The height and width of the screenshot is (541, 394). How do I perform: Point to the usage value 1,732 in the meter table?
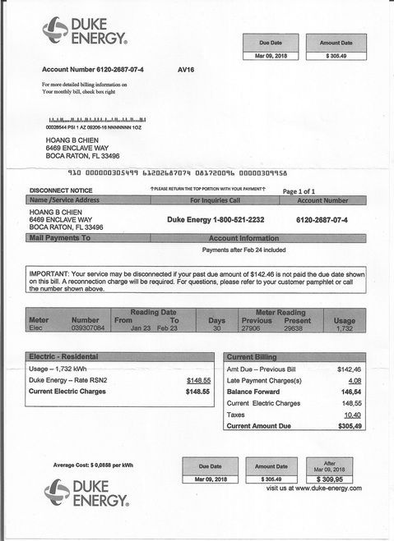[x=345, y=328]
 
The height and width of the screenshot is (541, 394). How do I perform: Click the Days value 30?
[x=216, y=328]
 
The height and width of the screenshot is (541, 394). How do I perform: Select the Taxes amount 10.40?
[x=353, y=415]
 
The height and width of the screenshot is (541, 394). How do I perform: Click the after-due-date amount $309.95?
[x=329, y=478]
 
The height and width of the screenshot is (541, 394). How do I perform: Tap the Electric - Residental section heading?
[x=64, y=358]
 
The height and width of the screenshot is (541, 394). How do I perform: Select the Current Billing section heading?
[x=253, y=358]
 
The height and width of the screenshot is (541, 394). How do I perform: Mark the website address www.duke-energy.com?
[x=319, y=488]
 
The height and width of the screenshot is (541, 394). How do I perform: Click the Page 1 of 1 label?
[x=300, y=190]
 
